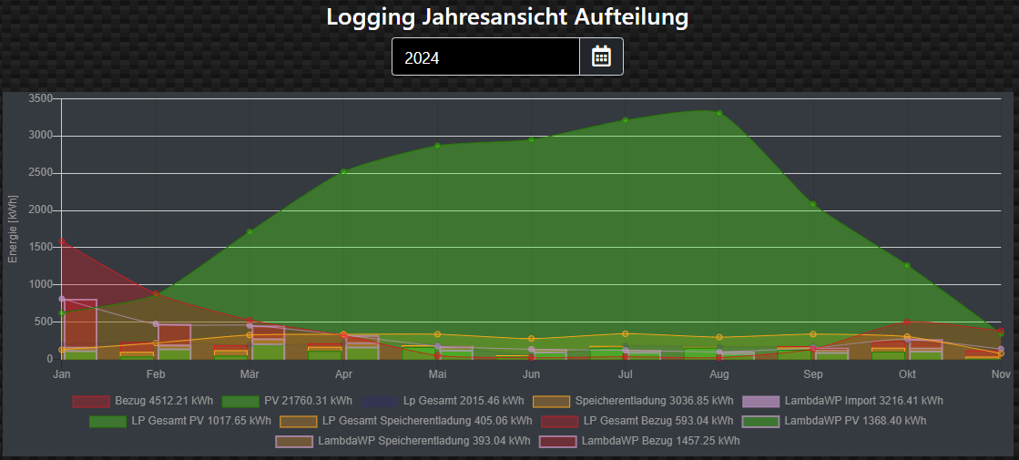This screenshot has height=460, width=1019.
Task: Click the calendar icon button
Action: pos(601,56)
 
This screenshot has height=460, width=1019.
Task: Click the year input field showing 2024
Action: pos(485,57)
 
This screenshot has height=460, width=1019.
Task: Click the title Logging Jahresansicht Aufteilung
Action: pos(507,16)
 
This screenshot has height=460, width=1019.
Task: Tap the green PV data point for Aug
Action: pos(719,113)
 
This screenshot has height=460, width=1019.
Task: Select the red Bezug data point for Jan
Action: pos(62,241)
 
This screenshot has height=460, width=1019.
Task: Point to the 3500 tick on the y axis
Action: pos(41,98)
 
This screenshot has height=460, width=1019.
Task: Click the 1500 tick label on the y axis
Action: pos(41,247)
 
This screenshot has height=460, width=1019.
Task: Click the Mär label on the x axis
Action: pos(250,374)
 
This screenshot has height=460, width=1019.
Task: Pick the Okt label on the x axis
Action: pos(907,374)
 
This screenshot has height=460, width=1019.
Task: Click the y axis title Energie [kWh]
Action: pos(13,229)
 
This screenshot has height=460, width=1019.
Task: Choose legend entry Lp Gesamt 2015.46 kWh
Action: pos(445,401)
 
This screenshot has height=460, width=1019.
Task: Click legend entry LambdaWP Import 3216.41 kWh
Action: pos(843,401)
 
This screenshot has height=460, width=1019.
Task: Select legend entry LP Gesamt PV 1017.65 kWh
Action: pos(180,421)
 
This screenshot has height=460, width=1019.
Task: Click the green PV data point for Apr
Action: pos(343,171)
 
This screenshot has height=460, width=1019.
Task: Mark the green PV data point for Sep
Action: pos(813,204)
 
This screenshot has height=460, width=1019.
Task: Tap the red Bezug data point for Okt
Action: pos(907,322)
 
